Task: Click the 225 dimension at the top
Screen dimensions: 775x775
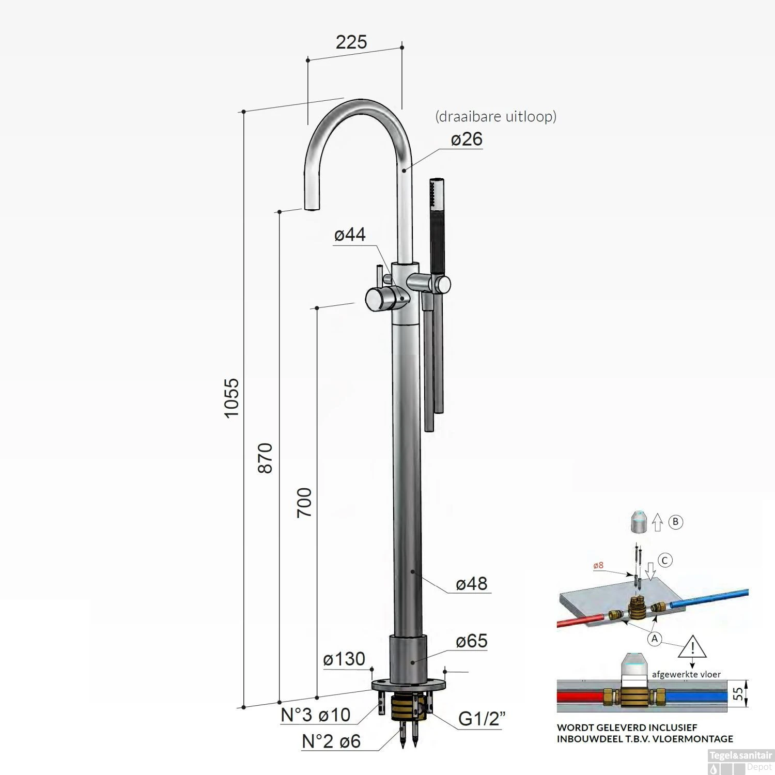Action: pyautogui.click(x=351, y=42)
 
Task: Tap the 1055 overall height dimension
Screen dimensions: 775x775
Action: pyautogui.click(x=232, y=398)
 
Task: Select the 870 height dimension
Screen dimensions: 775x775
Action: pyautogui.click(x=265, y=458)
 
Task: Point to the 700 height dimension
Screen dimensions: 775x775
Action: pyautogui.click(x=304, y=503)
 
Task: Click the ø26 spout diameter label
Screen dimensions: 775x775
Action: pyautogui.click(x=467, y=139)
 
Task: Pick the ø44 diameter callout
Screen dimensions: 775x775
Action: pyautogui.click(x=350, y=235)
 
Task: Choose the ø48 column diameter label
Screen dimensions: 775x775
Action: pyautogui.click(x=472, y=583)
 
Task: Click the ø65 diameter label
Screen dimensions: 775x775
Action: pyautogui.click(x=472, y=641)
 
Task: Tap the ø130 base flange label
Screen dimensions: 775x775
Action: pyautogui.click(x=344, y=659)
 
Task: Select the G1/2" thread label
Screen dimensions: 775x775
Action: pyautogui.click(x=482, y=719)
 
